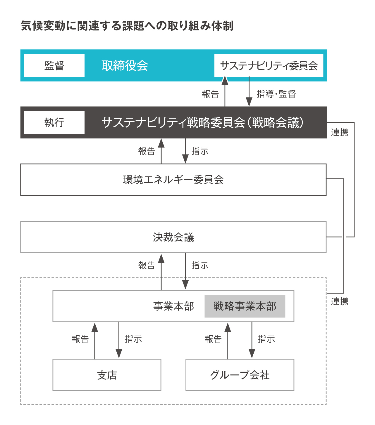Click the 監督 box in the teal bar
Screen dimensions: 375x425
click(54, 66)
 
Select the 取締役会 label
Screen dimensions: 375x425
click(125, 66)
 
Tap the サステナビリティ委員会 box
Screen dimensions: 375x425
click(269, 66)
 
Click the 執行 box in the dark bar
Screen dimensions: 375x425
click(54, 122)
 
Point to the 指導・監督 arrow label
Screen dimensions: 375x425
click(276, 94)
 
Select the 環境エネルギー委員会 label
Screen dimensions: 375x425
click(173, 180)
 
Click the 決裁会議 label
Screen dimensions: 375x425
click(173, 237)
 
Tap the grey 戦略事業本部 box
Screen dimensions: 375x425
click(245, 306)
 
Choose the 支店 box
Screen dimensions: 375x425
click(107, 375)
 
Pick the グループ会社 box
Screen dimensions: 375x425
click(240, 375)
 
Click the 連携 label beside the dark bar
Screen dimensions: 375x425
click(340, 132)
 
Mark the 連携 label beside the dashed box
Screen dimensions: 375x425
click(340, 301)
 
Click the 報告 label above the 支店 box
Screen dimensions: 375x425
click(80, 339)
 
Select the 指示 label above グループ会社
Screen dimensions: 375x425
click(266, 339)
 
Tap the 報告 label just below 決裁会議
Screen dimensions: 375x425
click(147, 266)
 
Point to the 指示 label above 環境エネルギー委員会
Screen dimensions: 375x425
click(200, 151)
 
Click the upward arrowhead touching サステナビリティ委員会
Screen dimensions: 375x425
click(225, 80)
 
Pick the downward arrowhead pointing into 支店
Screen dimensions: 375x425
click(119, 353)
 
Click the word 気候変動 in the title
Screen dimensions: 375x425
click(43, 26)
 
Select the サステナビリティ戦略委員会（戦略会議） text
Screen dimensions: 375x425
click(202, 122)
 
